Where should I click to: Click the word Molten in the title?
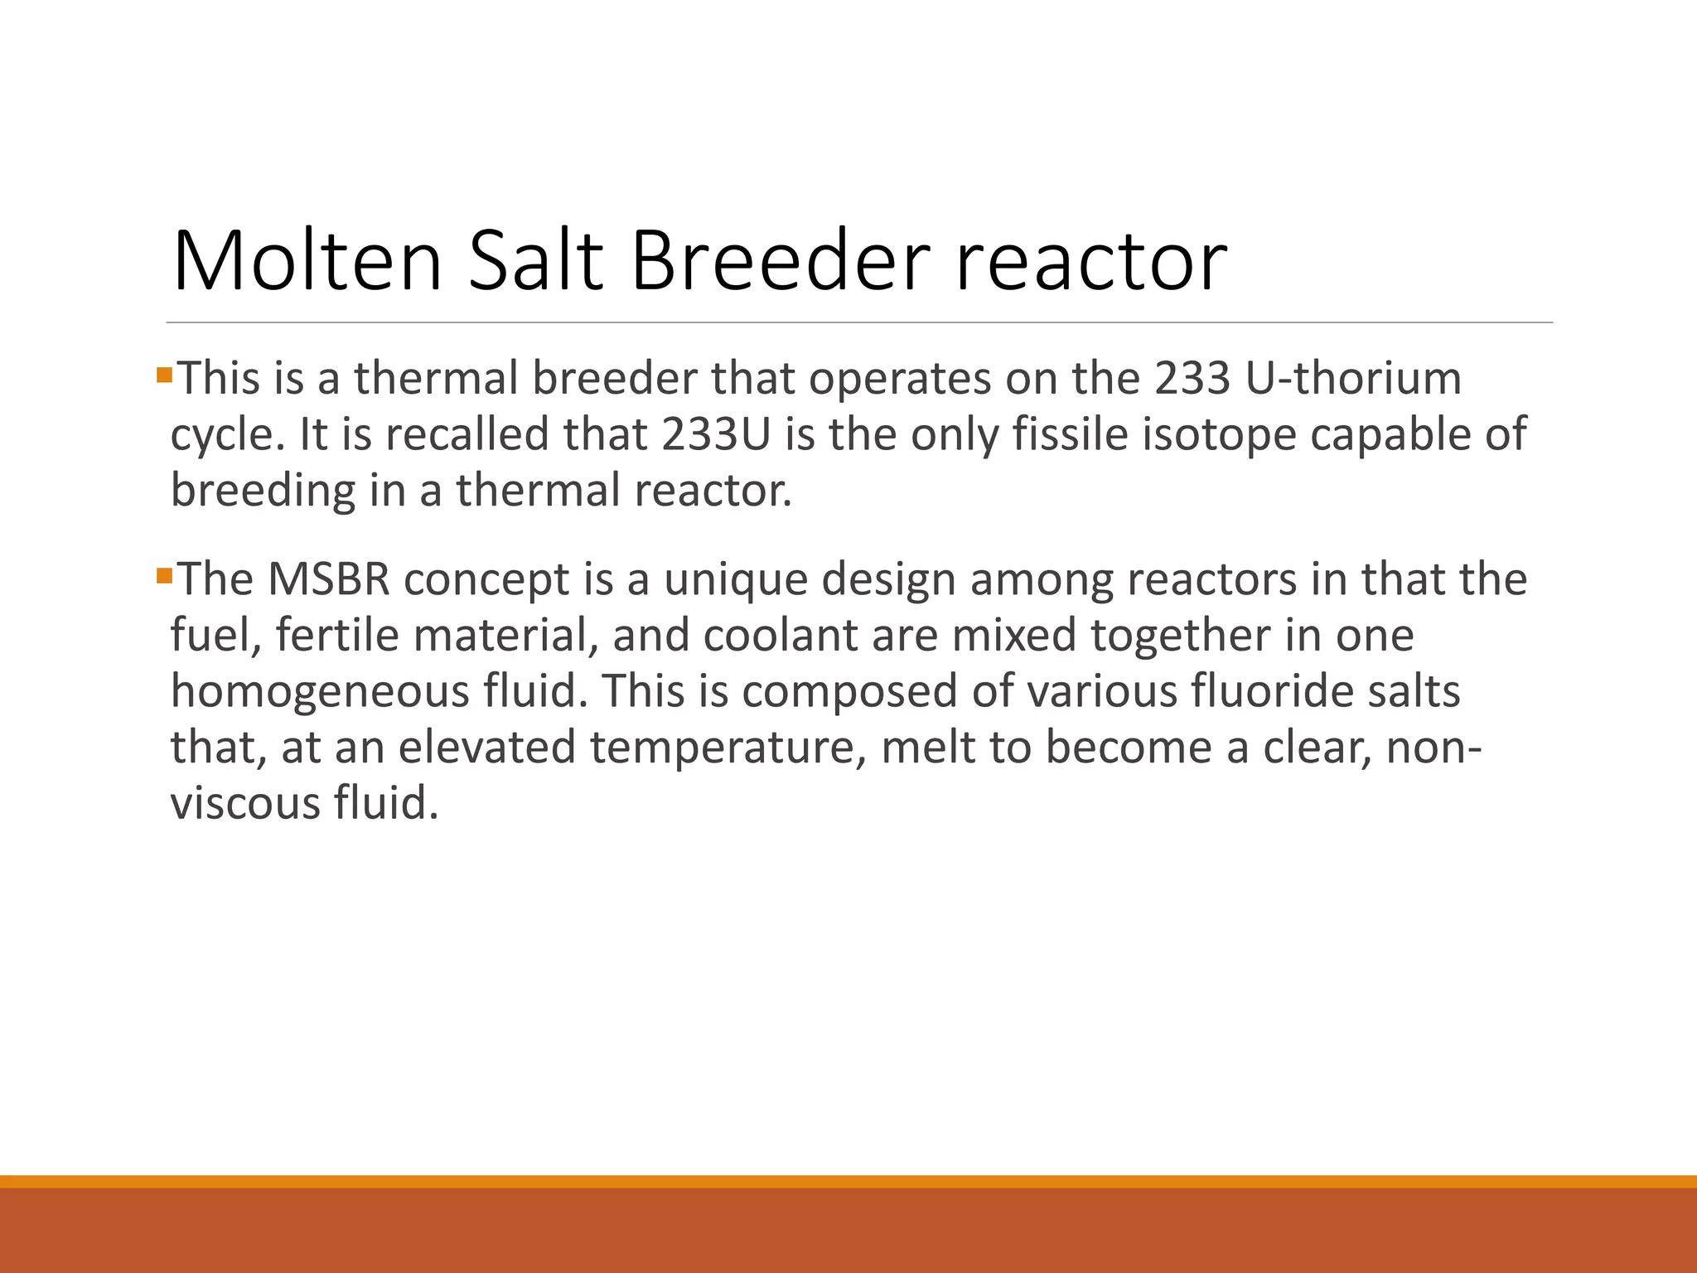(307, 261)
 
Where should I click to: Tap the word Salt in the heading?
(535, 261)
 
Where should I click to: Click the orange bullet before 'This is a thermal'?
(164, 375)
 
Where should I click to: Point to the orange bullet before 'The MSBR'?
(164, 574)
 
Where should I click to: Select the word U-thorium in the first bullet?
(1353, 379)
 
